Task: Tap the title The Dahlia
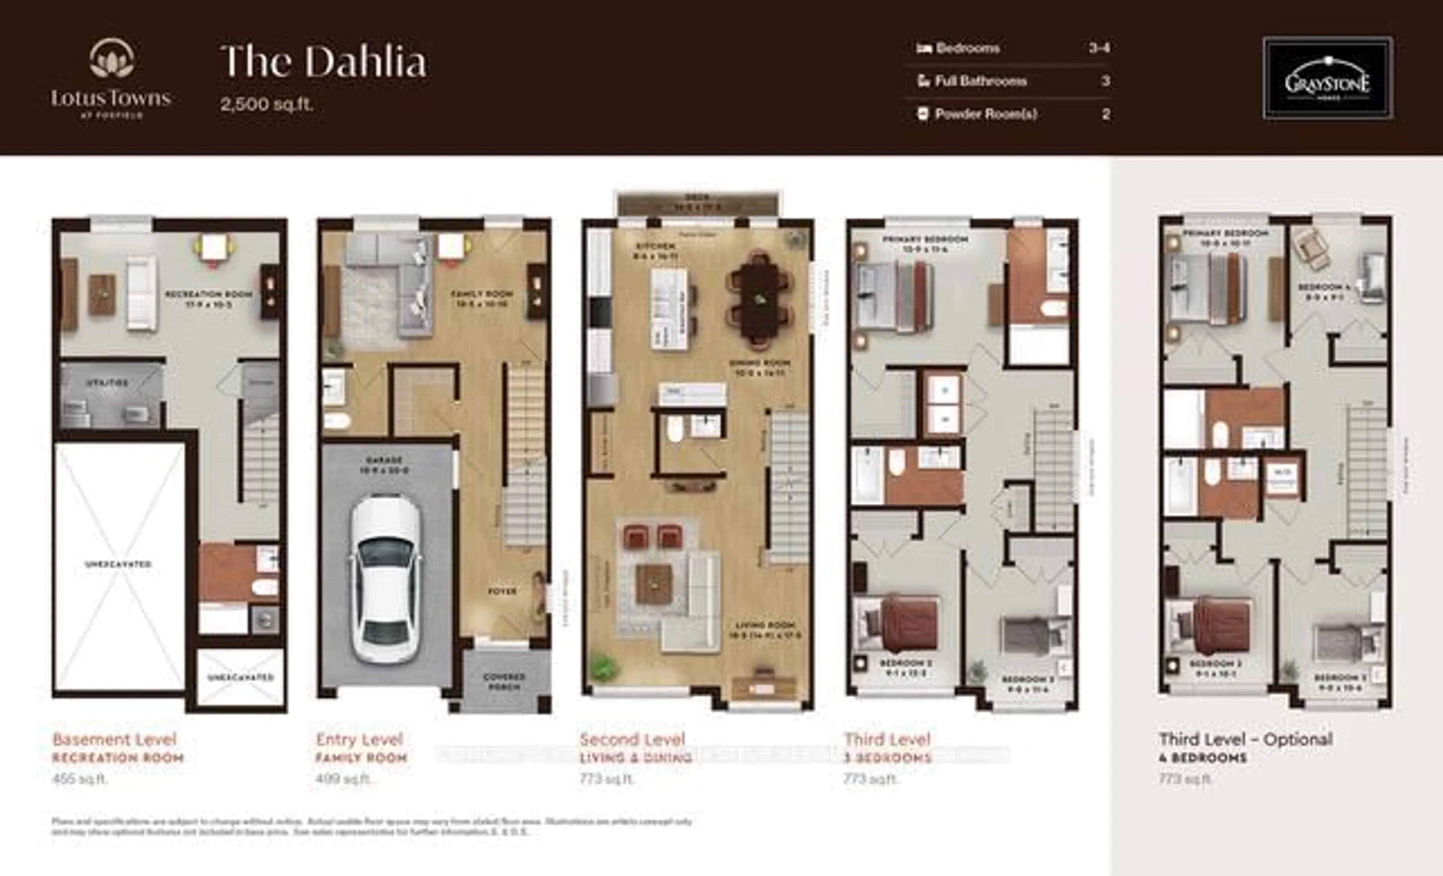pyautogui.click(x=323, y=62)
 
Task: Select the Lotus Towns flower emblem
pyautogui.click(x=111, y=59)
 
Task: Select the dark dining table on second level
pyautogui.click(x=759, y=299)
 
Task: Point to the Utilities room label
pyautogui.click(x=107, y=383)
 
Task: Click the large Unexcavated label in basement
pyautogui.click(x=118, y=564)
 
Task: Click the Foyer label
pyautogui.click(x=502, y=591)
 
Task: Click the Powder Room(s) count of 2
pyautogui.click(x=1106, y=114)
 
